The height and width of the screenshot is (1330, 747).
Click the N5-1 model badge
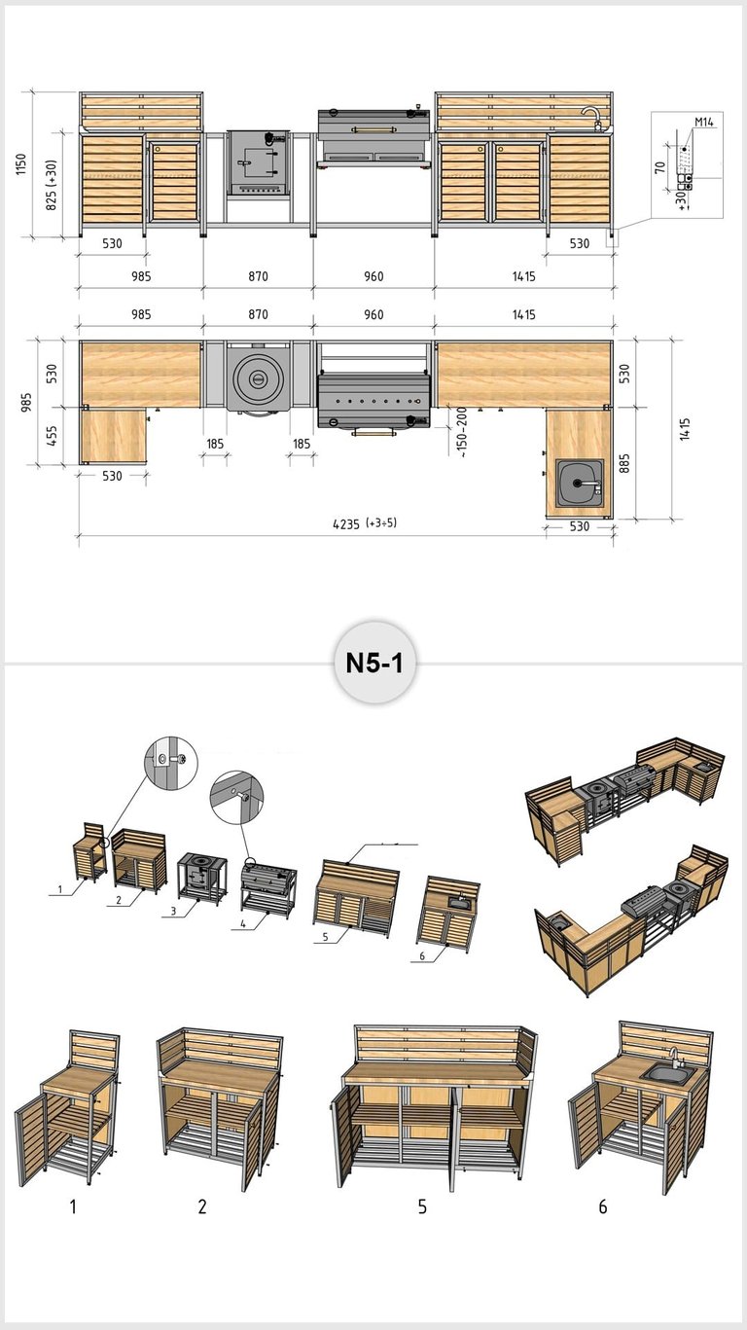pyautogui.click(x=374, y=663)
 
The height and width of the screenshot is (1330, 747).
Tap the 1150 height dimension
pyautogui.click(x=21, y=163)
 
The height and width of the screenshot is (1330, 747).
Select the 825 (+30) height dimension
pyautogui.click(x=52, y=185)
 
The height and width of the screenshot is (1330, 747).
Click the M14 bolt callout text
pyautogui.click(x=703, y=123)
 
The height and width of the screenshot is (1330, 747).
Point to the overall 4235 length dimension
pyautogui.click(x=365, y=523)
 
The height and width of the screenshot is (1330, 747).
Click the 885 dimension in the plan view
pyautogui.click(x=624, y=464)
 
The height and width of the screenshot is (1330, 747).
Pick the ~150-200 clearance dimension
pyautogui.click(x=462, y=432)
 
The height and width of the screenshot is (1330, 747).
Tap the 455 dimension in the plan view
pyautogui.click(x=53, y=437)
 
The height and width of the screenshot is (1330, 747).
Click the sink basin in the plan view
pyautogui.click(x=580, y=484)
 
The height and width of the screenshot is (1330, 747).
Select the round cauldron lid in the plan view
pyautogui.click(x=258, y=378)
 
